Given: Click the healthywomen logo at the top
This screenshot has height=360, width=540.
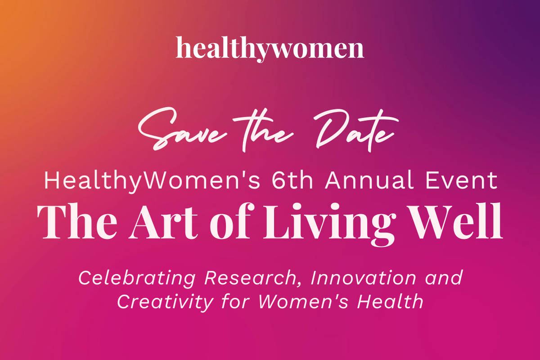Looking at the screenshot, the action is [x=270, y=49].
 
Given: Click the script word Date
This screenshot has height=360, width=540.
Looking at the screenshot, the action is [x=356, y=130].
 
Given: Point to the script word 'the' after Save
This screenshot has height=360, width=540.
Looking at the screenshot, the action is [x=263, y=130].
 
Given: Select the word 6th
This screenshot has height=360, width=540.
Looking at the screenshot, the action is [x=292, y=180].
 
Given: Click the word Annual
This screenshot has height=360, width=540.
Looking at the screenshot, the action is [x=369, y=180].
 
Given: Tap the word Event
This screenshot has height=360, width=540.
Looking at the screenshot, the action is [x=461, y=180].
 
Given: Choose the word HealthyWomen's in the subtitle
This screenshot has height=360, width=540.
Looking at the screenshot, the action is [x=152, y=182].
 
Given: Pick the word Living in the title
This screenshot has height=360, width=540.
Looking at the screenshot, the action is [x=329, y=225].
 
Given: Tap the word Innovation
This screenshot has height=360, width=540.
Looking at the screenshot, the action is [x=363, y=278].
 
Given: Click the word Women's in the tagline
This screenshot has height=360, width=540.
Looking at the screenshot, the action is [x=303, y=301].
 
